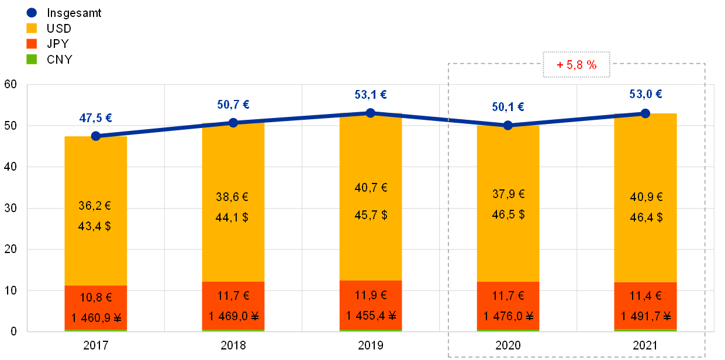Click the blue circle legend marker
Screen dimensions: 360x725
coord(32,12)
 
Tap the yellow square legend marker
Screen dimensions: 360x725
coord(32,27)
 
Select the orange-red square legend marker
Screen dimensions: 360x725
coord(32,43)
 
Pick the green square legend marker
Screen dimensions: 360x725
coord(32,59)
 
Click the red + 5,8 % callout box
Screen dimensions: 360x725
coord(576,65)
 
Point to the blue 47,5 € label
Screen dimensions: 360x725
coord(95,117)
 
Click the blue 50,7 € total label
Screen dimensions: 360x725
coord(233,105)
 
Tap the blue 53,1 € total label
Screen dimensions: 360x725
coord(370,95)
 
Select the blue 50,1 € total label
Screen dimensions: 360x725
coord(508,107)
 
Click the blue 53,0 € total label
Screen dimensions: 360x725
coord(645,95)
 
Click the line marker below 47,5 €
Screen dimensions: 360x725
coord(96,136)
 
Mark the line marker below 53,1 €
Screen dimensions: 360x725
coord(370,112)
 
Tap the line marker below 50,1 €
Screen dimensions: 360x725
coord(508,125)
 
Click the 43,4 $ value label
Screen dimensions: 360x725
coord(95,226)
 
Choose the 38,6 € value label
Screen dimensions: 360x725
coord(232,198)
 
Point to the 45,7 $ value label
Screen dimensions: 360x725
coord(370,215)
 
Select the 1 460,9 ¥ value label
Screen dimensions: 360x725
coord(96,319)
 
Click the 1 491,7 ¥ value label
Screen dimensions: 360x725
coord(645,316)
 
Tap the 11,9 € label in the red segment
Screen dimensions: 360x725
coord(370,295)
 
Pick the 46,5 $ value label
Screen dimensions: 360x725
coord(508,214)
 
